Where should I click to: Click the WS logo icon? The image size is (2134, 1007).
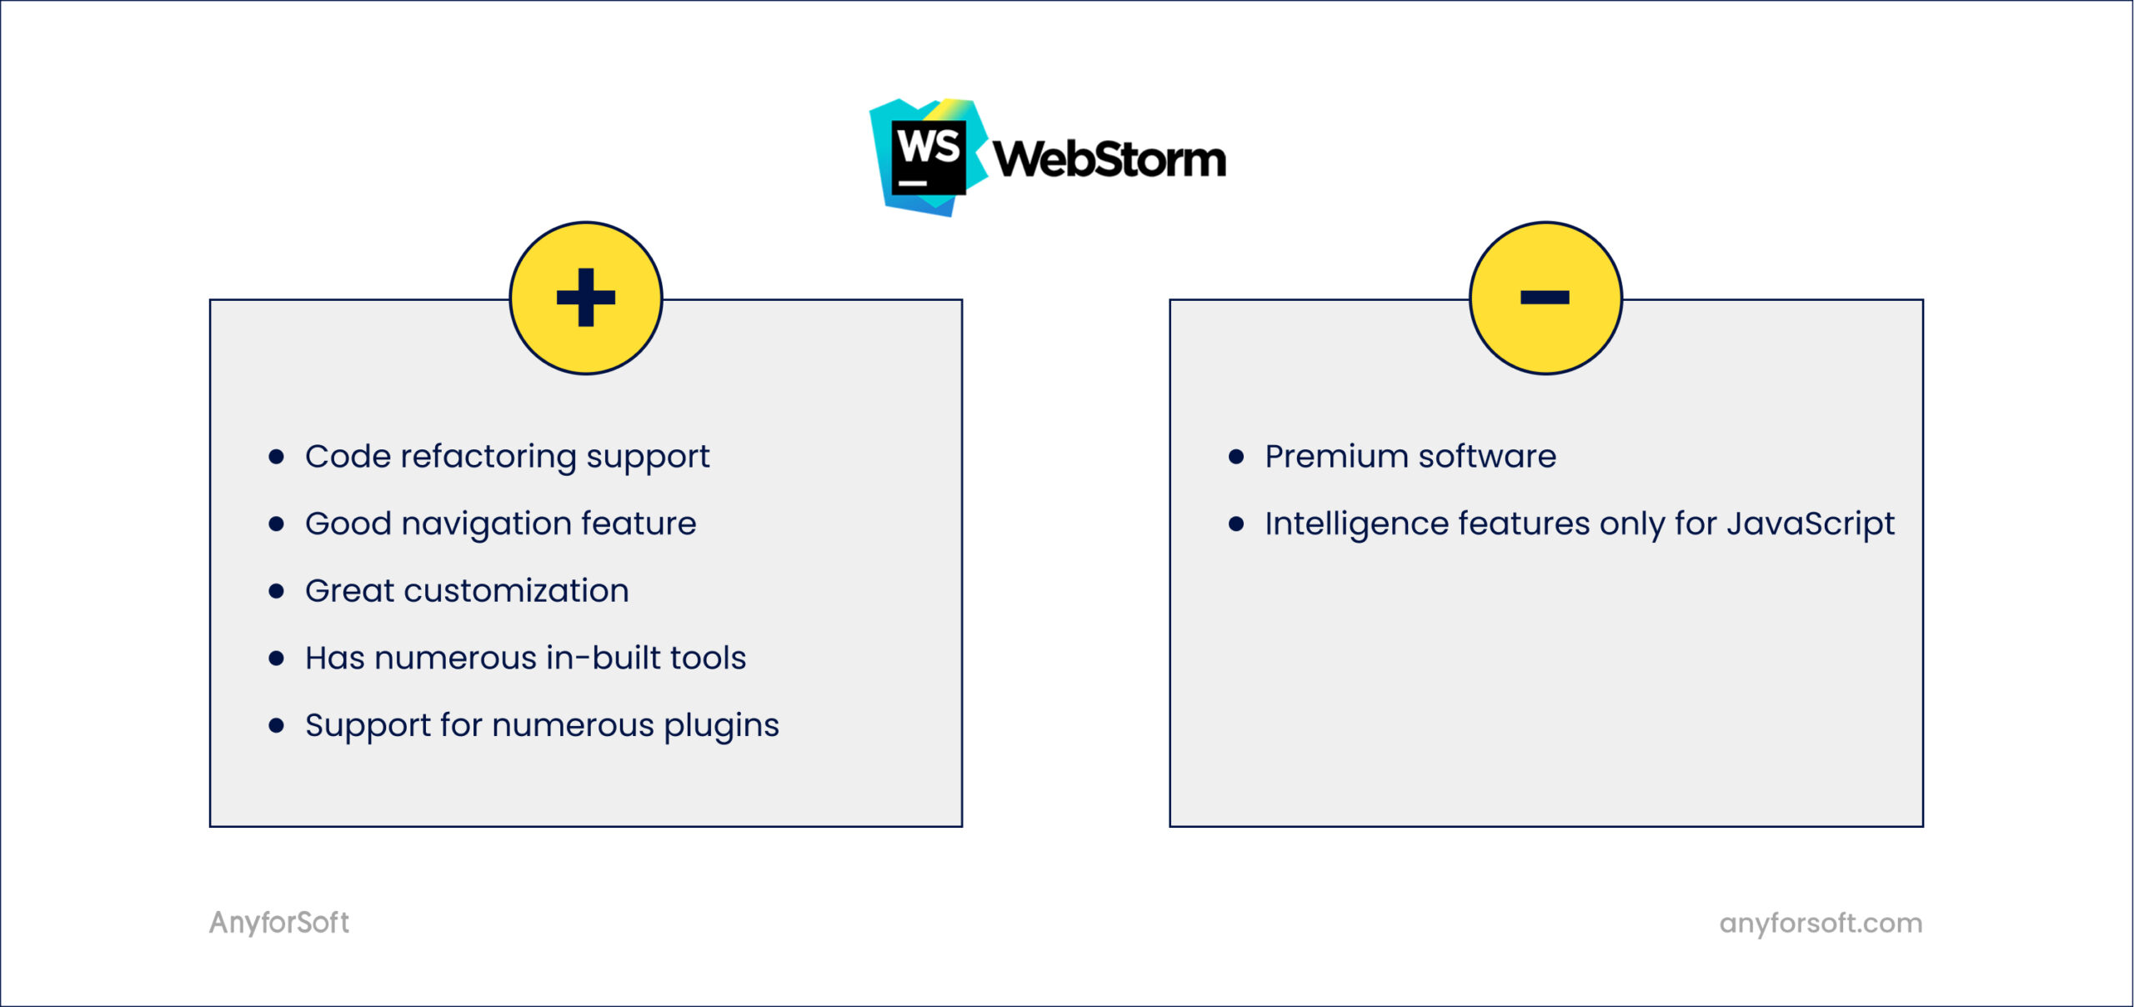928,157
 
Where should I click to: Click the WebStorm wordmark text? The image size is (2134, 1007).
1110,158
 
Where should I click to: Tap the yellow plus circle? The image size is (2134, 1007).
586,298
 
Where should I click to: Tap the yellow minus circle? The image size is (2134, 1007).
1545,298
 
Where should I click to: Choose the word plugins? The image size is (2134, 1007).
721,726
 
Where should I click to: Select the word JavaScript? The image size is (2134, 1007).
1810,524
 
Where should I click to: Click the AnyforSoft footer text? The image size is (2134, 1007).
279,923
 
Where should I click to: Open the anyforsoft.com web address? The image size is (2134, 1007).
1821,923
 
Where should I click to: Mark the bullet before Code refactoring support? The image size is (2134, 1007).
277,457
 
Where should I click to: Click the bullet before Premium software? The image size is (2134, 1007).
1236,457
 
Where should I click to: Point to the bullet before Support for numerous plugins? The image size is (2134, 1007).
277,725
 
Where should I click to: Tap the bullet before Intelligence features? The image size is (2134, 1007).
1236,524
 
